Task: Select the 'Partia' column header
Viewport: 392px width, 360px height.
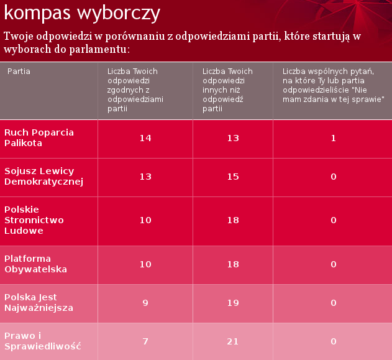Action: coord(19,72)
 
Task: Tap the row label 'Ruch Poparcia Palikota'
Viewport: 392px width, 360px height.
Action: coord(39,138)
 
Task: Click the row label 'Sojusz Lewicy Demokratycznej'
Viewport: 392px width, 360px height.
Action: coord(44,177)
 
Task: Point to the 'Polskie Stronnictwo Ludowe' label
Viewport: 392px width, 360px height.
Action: coord(34,220)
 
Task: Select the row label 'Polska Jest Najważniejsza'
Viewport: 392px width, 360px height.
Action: coord(39,303)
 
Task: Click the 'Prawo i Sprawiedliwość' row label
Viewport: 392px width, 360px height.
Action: coord(43,341)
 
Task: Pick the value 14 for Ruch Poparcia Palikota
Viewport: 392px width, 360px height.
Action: coord(145,138)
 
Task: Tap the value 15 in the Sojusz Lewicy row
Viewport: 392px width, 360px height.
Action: coord(233,177)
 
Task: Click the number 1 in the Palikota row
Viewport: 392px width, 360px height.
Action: coord(333,138)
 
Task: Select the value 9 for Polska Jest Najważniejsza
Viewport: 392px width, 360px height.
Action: coord(145,303)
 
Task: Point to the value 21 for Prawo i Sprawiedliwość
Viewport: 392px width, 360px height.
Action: coord(233,341)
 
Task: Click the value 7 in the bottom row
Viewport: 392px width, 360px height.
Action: coord(145,341)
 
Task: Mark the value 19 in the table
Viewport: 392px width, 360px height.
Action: coord(233,303)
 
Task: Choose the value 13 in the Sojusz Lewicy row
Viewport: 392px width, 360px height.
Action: coord(145,177)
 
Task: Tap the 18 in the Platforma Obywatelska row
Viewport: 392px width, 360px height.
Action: coord(233,264)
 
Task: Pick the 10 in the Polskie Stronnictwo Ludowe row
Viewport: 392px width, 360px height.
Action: coord(145,220)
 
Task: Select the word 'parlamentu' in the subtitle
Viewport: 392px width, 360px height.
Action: coord(98,48)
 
